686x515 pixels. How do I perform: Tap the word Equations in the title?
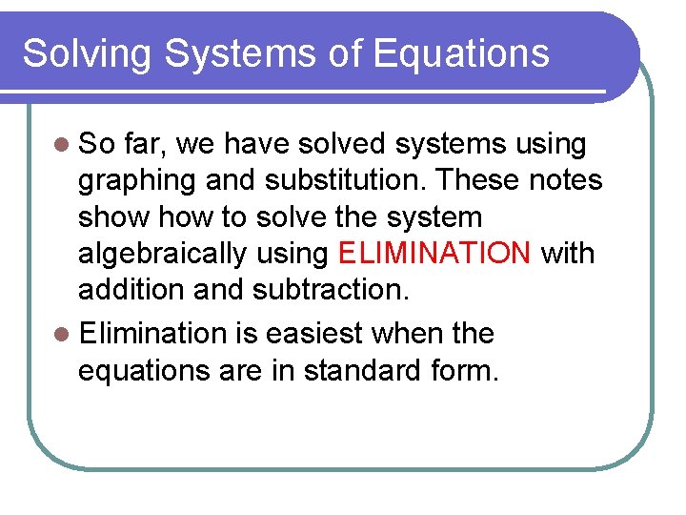coord(461,53)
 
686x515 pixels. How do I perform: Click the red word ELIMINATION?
coord(434,254)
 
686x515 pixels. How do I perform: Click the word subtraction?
coord(326,290)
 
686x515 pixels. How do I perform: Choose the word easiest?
coord(314,334)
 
